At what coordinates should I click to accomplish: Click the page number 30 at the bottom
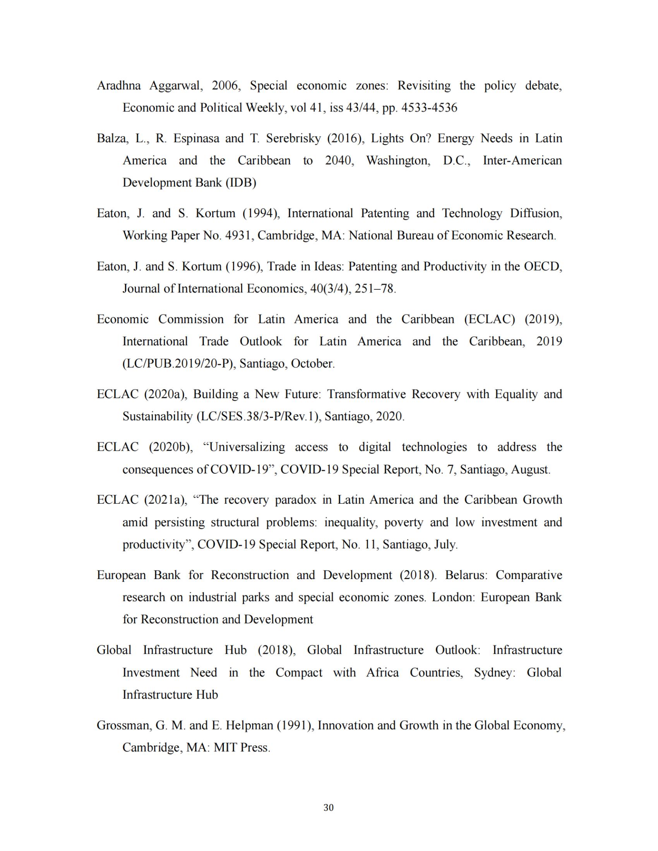coord(329,808)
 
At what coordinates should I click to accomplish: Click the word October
coord(313,364)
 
